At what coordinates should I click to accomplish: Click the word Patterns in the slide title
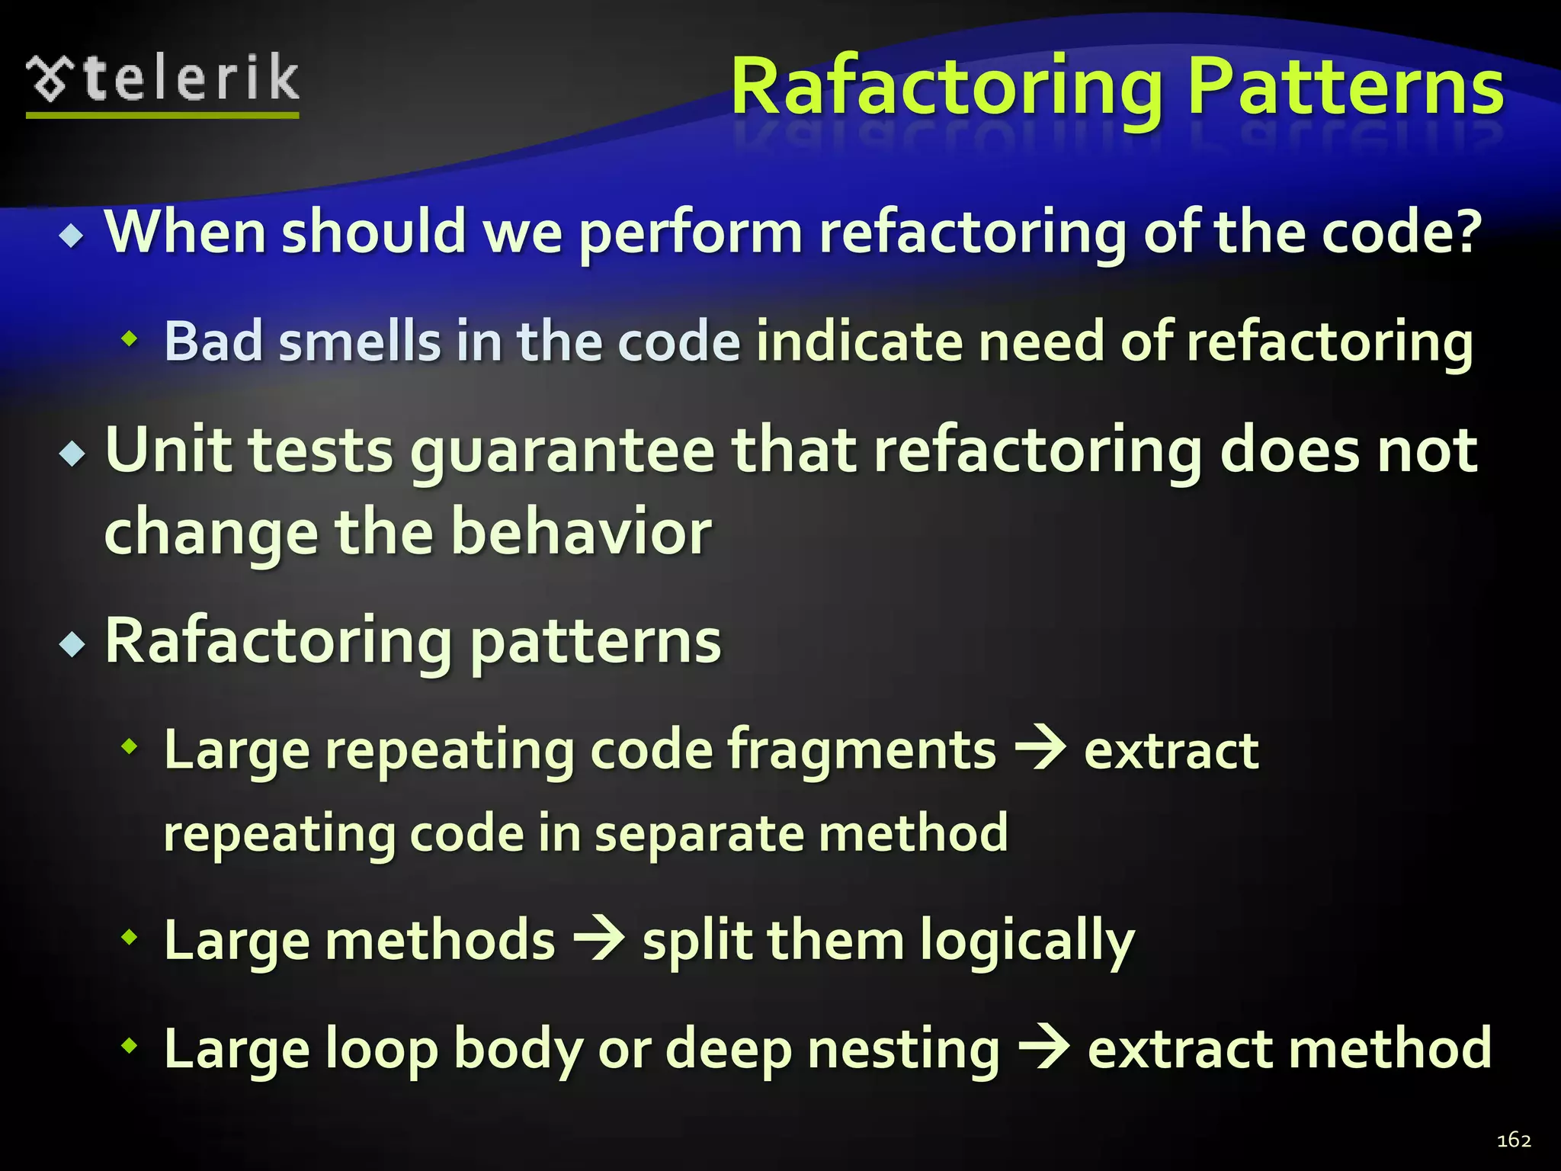(1345, 88)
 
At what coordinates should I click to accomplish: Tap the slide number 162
(1514, 1140)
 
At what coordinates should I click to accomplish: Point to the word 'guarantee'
(563, 451)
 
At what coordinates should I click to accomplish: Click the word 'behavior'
(581, 532)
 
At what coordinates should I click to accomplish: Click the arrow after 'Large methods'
(599, 938)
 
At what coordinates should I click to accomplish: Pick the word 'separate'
(699, 833)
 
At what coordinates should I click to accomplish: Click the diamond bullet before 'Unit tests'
(72, 454)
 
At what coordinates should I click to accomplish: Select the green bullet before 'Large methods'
(130, 937)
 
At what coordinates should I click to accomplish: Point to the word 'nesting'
(902, 1051)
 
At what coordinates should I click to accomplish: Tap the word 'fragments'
(861, 751)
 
